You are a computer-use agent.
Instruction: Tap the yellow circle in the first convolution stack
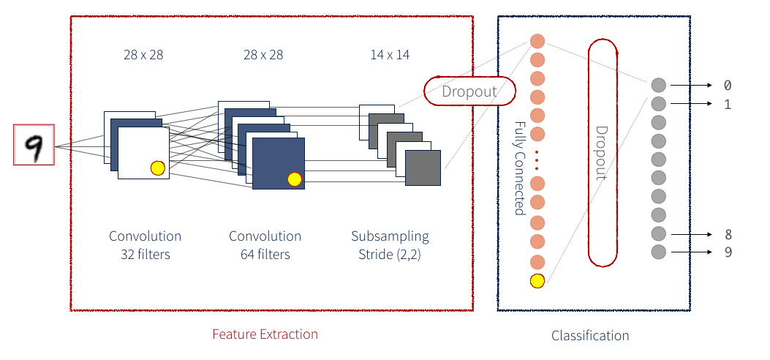157,168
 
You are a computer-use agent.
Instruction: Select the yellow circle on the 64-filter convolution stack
295,179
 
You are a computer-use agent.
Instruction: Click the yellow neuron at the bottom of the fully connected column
537,280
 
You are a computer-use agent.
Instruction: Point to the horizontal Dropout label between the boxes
469,91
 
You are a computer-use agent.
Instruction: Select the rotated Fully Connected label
519,168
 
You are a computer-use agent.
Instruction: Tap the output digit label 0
727,86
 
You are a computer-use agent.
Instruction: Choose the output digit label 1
727,104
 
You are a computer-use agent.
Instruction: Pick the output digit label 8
727,235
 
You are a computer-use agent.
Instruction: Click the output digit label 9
727,252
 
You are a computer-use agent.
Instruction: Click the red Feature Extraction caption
265,334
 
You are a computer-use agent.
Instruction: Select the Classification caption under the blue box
589,336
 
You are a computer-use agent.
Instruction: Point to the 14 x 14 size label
390,55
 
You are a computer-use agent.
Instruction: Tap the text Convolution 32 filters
145,245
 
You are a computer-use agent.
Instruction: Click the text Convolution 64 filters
265,245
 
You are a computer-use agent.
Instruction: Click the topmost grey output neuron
658,85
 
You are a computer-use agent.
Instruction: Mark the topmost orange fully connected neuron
537,42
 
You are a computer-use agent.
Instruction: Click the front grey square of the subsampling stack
423,168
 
